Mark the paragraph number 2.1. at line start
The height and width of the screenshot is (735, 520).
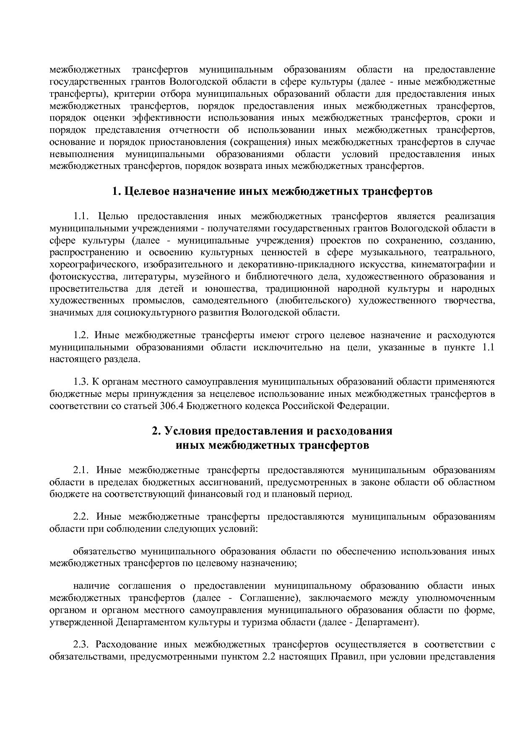click(x=81, y=470)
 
